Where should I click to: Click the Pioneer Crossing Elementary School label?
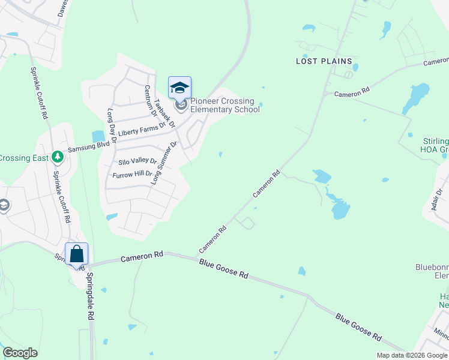[x=225, y=105]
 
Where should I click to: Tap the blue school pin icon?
[x=179, y=88]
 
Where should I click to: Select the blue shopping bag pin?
[x=77, y=254]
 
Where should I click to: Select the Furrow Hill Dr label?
[x=132, y=175]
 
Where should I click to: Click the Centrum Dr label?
[x=149, y=101]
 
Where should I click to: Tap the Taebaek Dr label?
[x=164, y=113]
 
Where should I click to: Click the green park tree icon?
[x=57, y=157]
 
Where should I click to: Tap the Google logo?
[x=20, y=353]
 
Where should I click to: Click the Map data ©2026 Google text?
[x=411, y=355]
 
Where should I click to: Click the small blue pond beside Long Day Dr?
[x=98, y=137]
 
